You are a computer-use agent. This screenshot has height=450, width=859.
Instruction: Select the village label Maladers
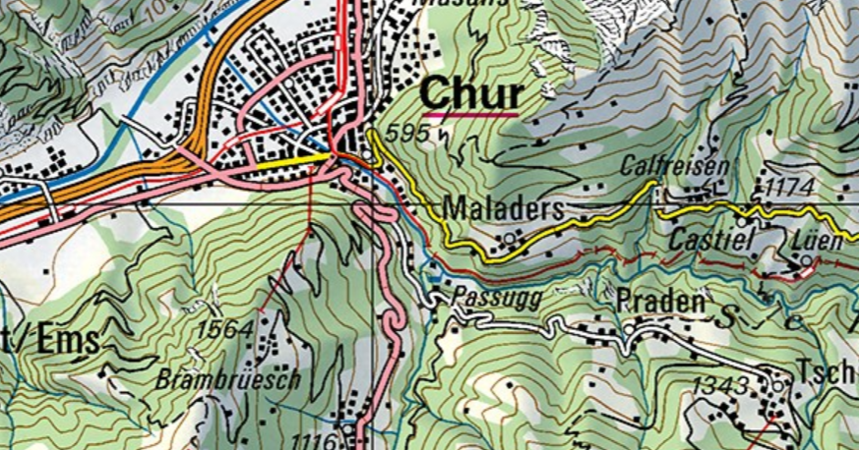coord(504,208)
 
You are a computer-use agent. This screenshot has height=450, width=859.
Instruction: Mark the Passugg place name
coord(497,298)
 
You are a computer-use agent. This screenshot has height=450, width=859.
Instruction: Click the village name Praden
coord(661,302)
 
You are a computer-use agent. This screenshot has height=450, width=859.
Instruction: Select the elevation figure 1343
coord(720,386)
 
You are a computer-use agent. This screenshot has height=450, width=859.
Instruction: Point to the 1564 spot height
coord(225,329)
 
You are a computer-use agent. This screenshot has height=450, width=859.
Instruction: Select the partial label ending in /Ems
coord(49,340)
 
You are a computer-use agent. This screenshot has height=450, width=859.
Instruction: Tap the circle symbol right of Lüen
coord(807,260)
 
